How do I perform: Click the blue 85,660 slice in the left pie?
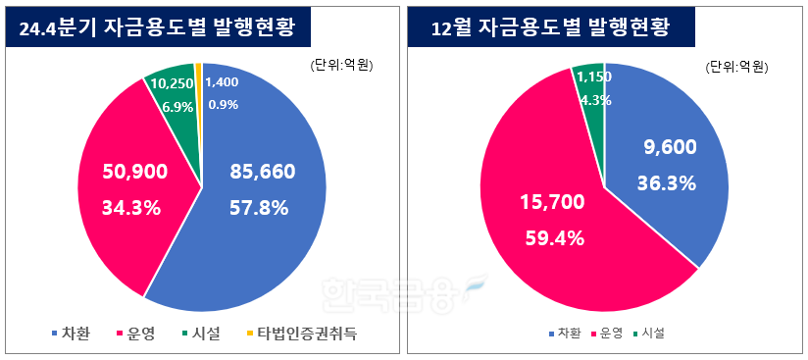pyautogui.click(x=265, y=235)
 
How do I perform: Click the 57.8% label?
pyautogui.click(x=258, y=208)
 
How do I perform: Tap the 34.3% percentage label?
pyautogui.click(x=133, y=208)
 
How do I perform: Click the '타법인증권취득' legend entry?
pyautogui.click(x=303, y=334)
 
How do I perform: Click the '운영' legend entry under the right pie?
pyautogui.click(x=608, y=334)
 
